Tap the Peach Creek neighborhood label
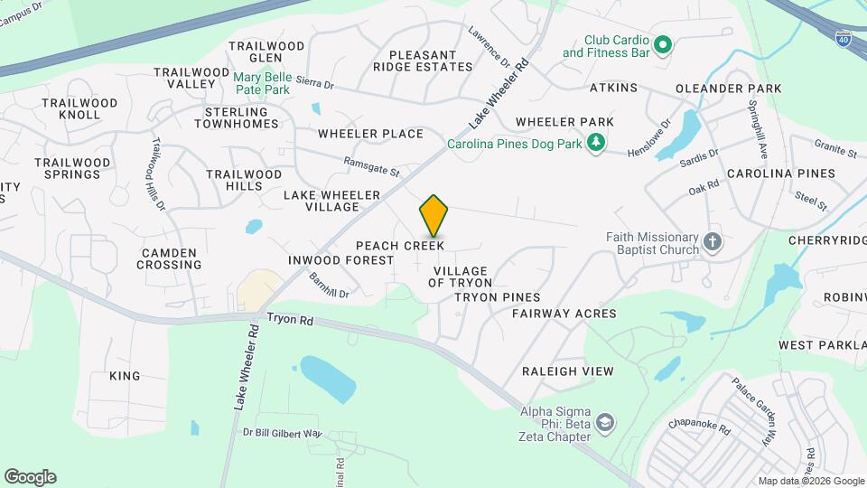point(399,246)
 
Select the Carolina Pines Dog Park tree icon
point(595,142)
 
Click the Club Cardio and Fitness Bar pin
point(662,44)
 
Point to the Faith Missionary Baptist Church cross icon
point(712,242)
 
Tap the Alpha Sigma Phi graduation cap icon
point(604,423)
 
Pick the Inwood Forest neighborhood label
point(340,260)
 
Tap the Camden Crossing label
point(169,258)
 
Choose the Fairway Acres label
point(564,314)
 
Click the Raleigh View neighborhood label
point(567,371)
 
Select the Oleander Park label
point(729,89)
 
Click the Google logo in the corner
point(30,477)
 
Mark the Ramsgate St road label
point(371,166)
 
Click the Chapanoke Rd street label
point(699,426)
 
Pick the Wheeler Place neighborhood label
point(370,134)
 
